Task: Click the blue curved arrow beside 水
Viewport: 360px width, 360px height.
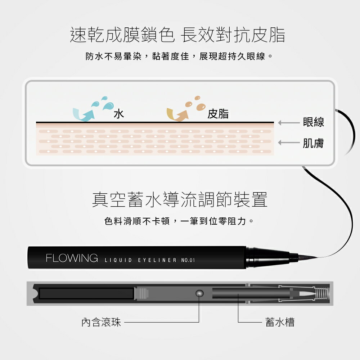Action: [x=84, y=113]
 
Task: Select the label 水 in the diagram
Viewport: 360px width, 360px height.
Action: [x=119, y=114]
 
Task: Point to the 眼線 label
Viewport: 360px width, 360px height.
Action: [x=313, y=122]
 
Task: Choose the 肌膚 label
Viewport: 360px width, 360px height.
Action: [x=313, y=143]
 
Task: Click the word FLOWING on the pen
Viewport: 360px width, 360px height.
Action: [x=72, y=258]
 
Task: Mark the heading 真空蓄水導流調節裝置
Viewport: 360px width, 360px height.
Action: [x=180, y=200]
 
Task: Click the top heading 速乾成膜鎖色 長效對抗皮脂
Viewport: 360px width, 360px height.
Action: [x=177, y=35]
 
